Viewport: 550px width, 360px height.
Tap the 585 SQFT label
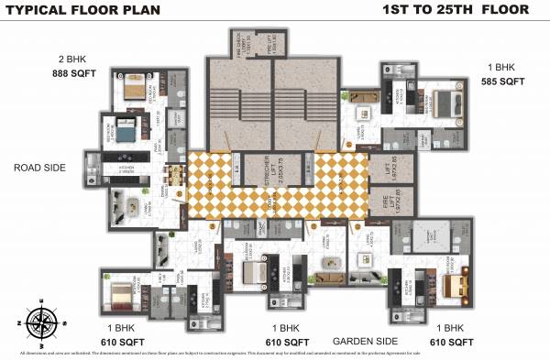click(502, 82)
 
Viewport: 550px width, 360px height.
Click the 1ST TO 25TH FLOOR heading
click(456, 10)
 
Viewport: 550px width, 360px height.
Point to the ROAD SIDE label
click(39, 168)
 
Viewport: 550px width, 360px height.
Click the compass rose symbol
click(41, 322)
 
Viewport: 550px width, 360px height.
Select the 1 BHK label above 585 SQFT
click(502, 67)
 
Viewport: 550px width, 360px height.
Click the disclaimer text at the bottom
click(220, 353)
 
